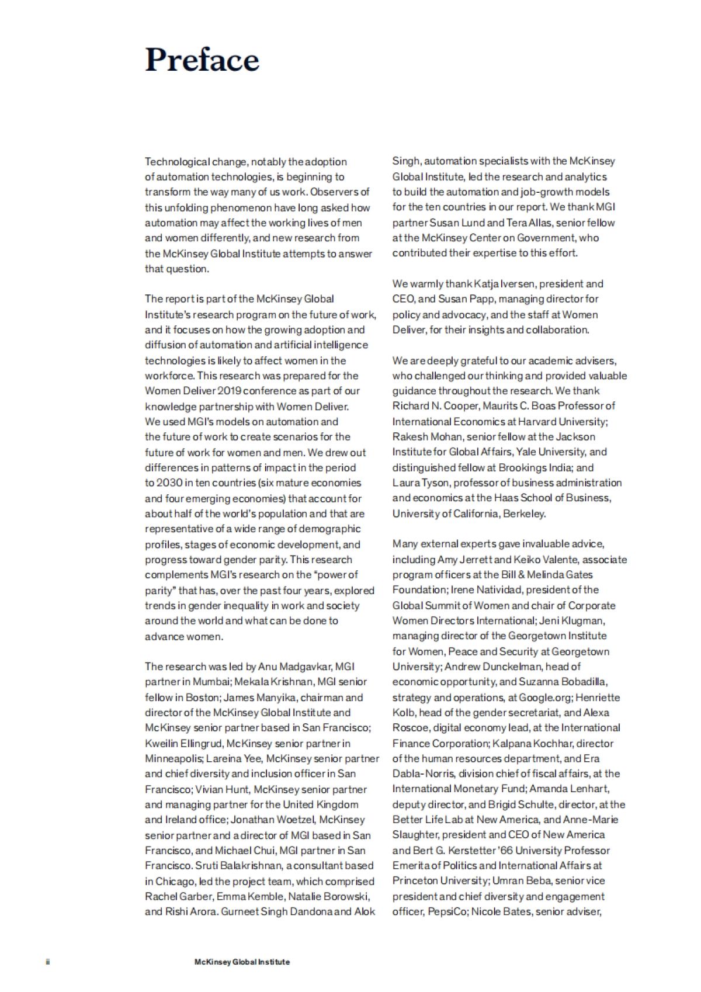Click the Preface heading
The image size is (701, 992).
click(x=202, y=60)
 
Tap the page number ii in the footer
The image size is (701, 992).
click(x=47, y=962)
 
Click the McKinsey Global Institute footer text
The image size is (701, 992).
click(x=242, y=962)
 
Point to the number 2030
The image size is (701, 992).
click(x=169, y=483)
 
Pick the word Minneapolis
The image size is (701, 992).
click(x=173, y=758)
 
